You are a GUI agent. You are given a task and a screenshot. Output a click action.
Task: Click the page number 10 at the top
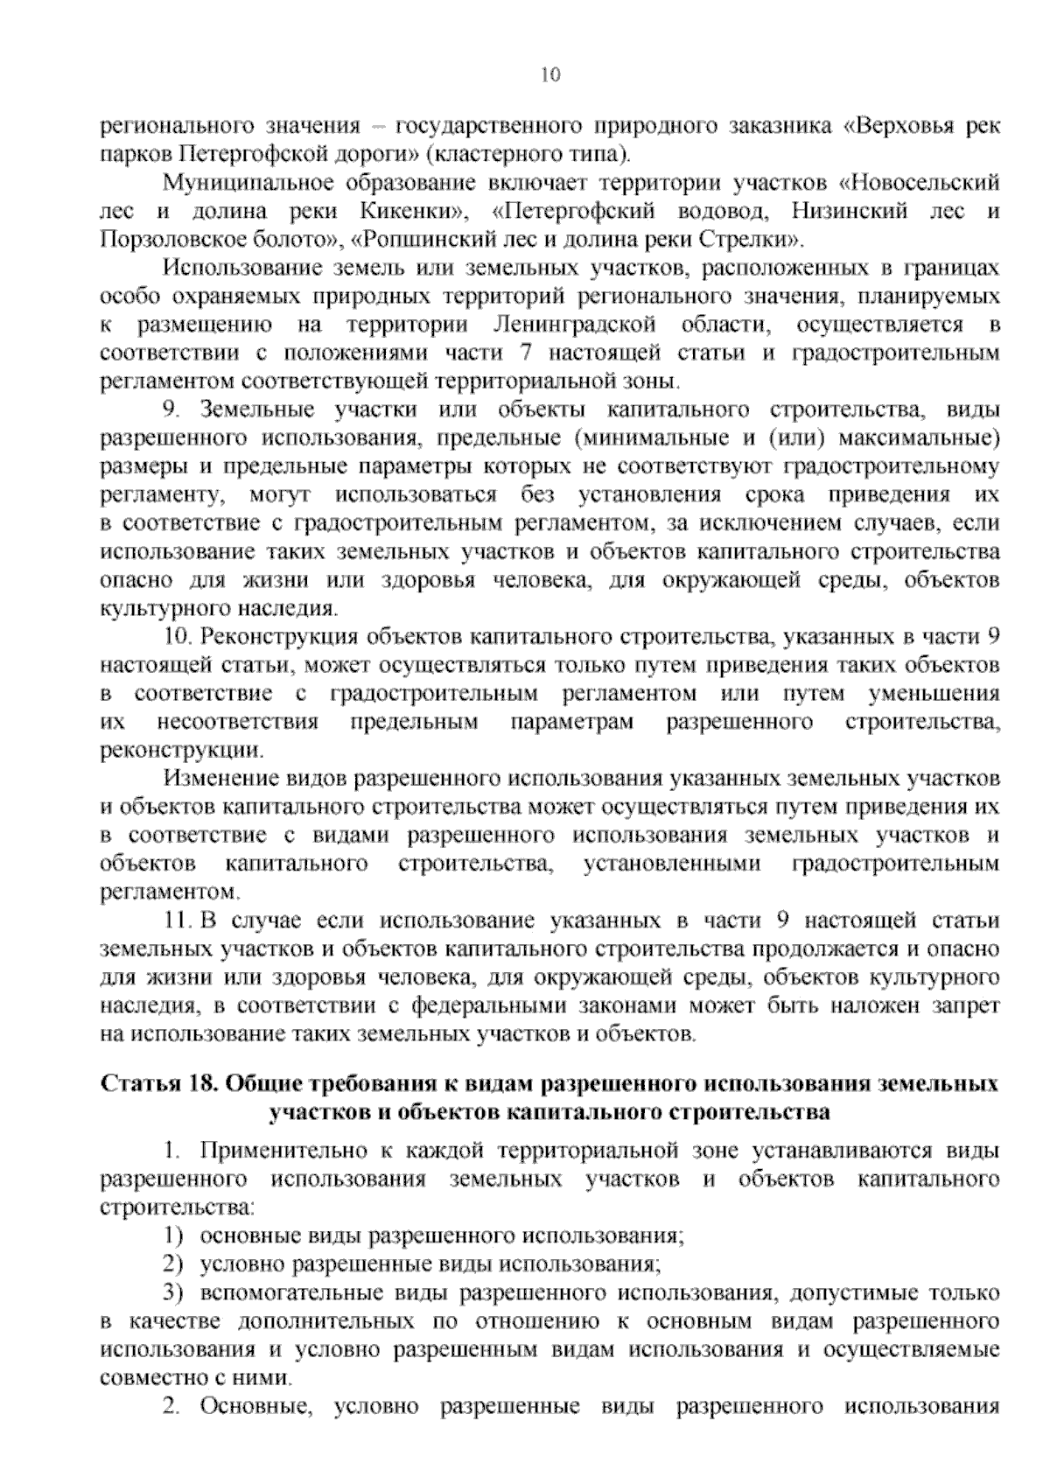pos(550,74)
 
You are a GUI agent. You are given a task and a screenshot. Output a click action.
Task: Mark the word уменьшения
pos(933,694)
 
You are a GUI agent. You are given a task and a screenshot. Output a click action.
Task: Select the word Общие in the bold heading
pos(261,1085)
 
